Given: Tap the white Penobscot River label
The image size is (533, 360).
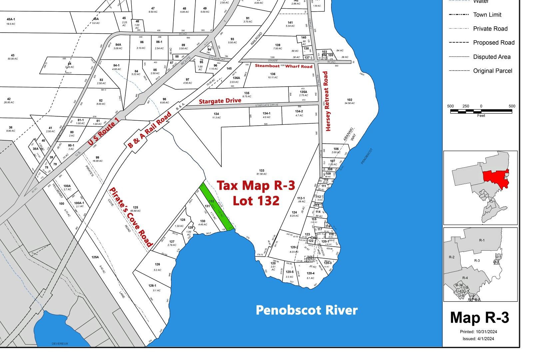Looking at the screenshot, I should pos(306,310).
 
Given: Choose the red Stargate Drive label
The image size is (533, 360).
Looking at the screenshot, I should pos(220,101).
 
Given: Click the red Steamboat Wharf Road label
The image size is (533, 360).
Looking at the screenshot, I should pos(284,66).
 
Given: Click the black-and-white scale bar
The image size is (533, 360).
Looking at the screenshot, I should pos(481,111).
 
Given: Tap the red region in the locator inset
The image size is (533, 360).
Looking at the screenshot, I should pos(496,180).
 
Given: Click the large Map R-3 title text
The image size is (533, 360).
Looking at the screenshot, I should pos(480,318).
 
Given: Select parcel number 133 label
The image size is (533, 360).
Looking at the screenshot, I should pos(262,171).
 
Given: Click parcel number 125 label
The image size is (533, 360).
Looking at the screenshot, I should pos(135,208).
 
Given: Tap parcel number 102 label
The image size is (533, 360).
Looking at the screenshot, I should pos(349,100).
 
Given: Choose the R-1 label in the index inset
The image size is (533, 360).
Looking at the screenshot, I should pos(482,240).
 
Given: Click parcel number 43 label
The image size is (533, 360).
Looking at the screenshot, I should pos(13,55).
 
